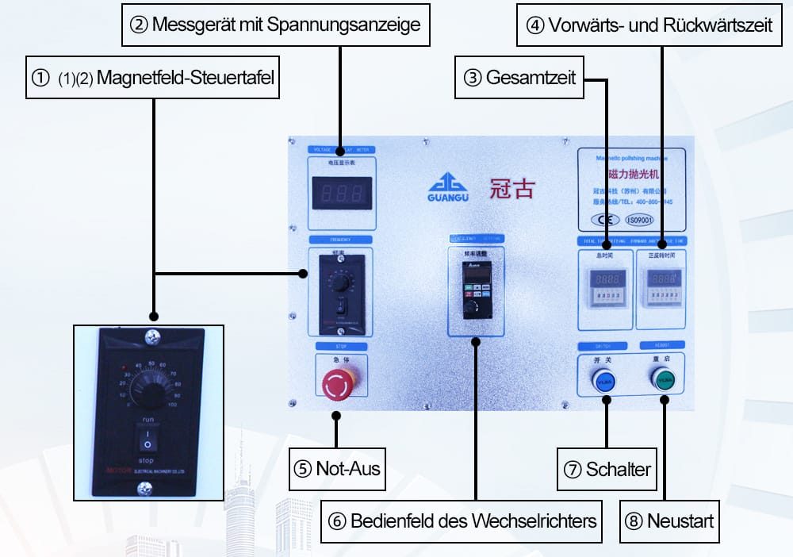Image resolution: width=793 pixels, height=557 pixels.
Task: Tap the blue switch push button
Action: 604,380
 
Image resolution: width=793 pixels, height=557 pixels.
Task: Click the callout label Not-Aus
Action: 336,468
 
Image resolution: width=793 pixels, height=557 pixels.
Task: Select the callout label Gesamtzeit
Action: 519,78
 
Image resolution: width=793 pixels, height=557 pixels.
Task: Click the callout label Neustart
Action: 669,521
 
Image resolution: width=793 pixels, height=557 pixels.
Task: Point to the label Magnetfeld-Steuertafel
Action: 153,78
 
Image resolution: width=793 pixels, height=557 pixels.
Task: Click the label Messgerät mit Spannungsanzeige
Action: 276,25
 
